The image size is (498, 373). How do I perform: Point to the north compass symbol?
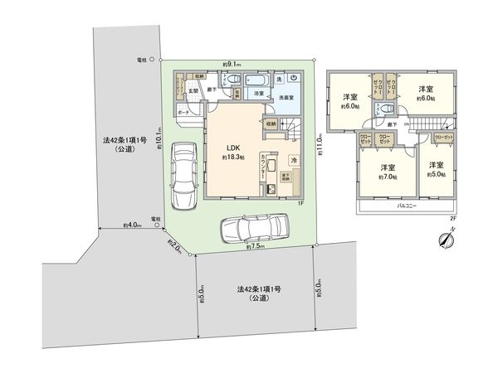click(446, 238)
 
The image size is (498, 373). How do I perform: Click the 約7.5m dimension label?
click(256, 247)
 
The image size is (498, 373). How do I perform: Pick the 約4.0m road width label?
click(130, 225)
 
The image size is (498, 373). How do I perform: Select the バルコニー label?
click(405, 203)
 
